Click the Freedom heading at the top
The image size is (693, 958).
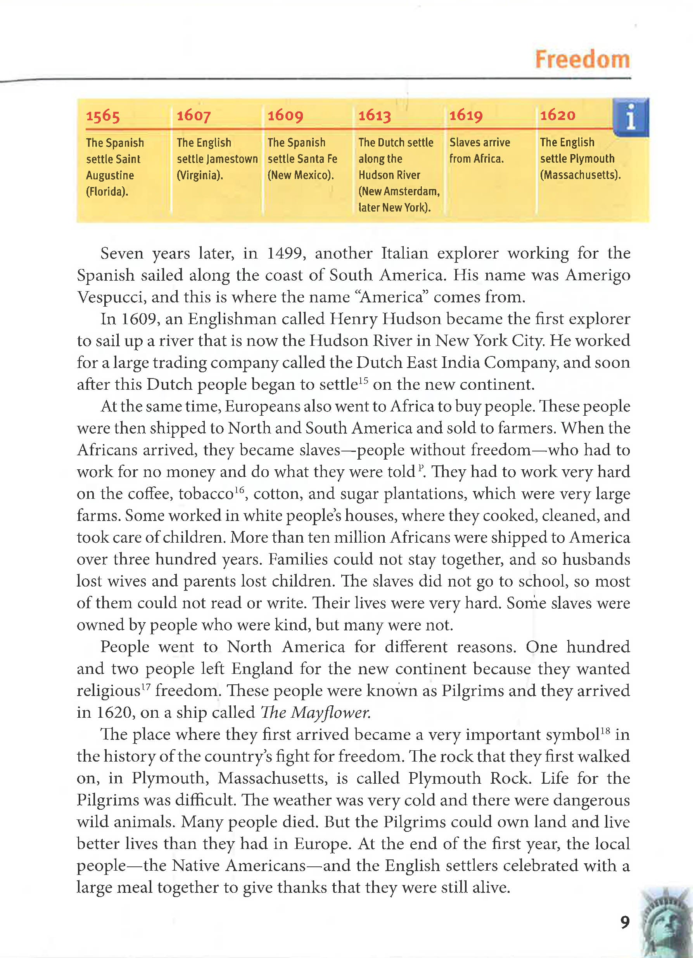click(582, 59)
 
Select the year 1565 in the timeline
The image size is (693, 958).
click(103, 116)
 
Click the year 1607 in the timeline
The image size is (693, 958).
click(194, 115)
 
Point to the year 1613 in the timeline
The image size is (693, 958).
click(374, 115)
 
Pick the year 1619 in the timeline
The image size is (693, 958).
click(465, 115)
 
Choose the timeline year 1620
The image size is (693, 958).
click(558, 115)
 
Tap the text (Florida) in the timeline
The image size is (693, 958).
click(107, 191)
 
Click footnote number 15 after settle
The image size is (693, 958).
click(363, 380)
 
